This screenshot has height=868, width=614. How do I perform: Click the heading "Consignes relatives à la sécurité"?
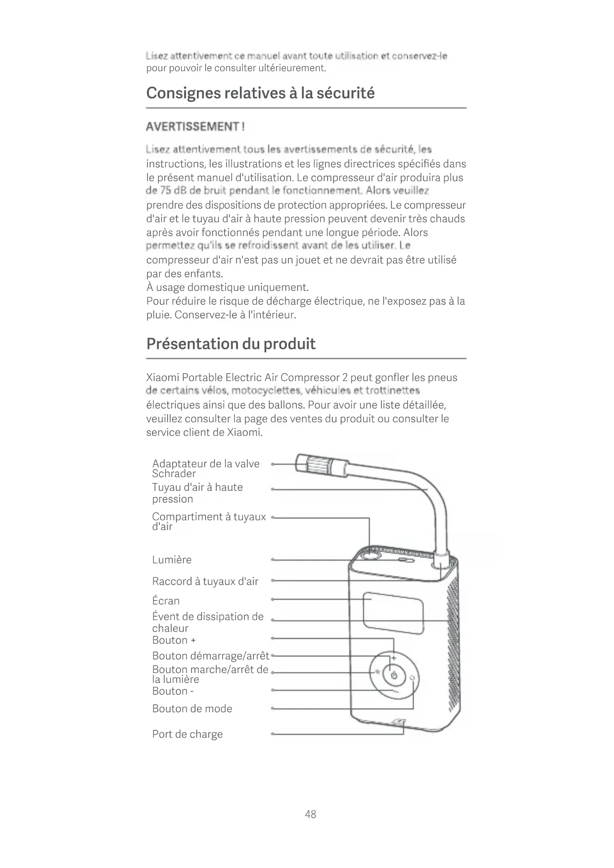260,93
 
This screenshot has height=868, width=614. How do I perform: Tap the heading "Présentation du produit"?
231,343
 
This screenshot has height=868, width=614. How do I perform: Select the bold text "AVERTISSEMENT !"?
195,127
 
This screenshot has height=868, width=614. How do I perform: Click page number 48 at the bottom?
310,814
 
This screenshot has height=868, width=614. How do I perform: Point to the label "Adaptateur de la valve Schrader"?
205,468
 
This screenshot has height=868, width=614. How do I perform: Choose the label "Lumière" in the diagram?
172,560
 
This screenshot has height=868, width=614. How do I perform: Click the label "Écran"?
166,601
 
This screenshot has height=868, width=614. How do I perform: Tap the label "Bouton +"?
174,640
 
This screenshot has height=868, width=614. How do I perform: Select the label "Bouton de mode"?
192,709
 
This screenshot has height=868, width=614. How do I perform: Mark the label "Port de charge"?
187,734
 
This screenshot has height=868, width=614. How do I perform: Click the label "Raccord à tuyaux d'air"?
205,581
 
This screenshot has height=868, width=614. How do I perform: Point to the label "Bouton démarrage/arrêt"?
210,656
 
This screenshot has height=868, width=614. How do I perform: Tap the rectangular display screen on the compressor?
393,613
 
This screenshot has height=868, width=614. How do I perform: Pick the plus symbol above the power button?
394,658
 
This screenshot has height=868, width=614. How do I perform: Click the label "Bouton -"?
173,691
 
